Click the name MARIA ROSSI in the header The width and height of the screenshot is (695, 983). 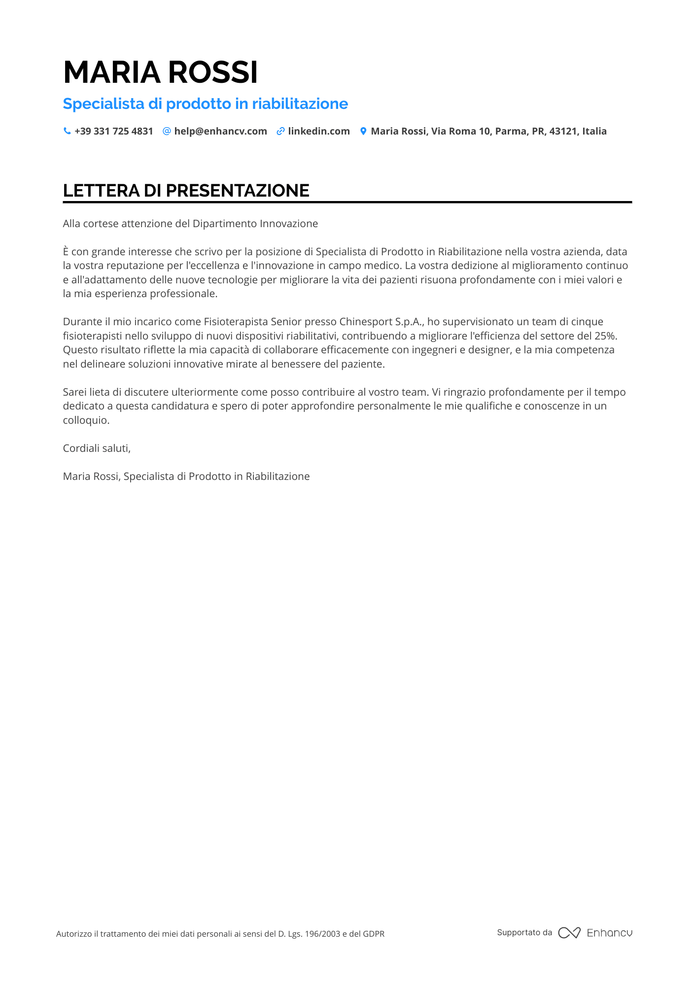pyautogui.click(x=160, y=72)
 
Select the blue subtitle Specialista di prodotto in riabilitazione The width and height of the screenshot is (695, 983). pyautogui.click(x=205, y=103)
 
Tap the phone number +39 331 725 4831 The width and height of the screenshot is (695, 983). pyautogui.click(x=113, y=131)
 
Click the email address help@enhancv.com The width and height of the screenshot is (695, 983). pyautogui.click(x=220, y=131)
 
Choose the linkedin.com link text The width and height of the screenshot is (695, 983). pyautogui.click(x=318, y=131)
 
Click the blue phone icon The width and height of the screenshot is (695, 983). pyautogui.click(x=67, y=131)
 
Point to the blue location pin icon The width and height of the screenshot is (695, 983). pyautogui.click(x=363, y=131)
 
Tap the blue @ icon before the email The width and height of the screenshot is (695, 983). pyautogui.click(x=167, y=131)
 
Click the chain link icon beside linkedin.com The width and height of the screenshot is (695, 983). pyautogui.click(x=280, y=131)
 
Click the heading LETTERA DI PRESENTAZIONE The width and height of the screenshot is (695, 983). pyautogui.click(x=186, y=191)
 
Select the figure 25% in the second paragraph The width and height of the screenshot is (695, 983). pyautogui.click(x=605, y=336)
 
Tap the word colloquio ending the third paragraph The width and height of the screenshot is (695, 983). pyautogui.click(x=86, y=420)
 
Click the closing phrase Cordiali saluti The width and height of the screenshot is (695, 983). pyautogui.click(x=97, y=448)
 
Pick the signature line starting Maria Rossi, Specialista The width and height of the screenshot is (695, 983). pyautogui.click(x=186, y=476)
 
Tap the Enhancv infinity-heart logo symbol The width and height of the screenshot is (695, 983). pyautogui.click(x=569, y=933)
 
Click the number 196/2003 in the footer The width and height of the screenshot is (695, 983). pyautogui.click(x=322, y=934)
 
